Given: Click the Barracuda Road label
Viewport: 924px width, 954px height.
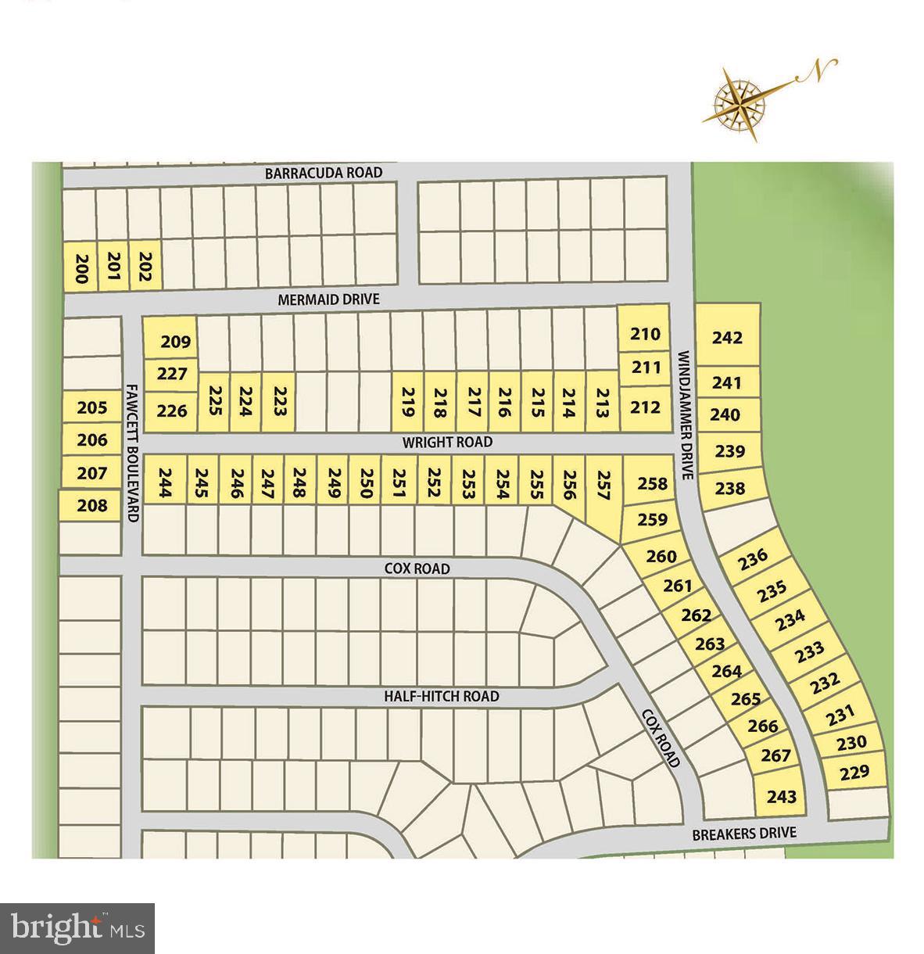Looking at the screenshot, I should coord(323,173).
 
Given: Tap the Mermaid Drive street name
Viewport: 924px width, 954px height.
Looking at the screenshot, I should coord(329,299).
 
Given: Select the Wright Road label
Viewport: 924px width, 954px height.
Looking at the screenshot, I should coord(447,442).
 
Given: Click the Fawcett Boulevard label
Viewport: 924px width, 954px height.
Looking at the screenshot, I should coord(132,454).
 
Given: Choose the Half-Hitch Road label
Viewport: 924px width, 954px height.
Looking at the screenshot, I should coord(441,696).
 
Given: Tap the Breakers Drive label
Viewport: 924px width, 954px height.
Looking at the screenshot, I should coord(744,834).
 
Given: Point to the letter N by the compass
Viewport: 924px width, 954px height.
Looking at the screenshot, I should coord(818,71).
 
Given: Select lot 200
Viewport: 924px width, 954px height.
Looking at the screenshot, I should coord(81,268).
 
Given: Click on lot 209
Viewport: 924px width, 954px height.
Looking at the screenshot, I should coord(176,342).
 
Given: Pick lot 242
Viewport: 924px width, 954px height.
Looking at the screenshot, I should coord(727,338).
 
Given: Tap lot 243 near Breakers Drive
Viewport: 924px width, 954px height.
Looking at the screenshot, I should coord(782,796).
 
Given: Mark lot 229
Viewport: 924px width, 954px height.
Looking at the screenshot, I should coord(854,773).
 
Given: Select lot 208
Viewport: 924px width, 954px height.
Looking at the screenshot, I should coord(92,506).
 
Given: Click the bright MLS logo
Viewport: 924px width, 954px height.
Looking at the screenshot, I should coord(77,928).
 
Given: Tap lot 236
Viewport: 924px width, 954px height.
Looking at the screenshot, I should coord(753,558).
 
